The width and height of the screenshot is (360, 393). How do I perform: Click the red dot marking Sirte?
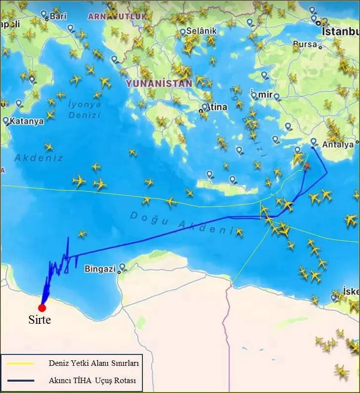[42, 308]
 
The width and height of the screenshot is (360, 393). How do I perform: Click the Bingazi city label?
[100, 269]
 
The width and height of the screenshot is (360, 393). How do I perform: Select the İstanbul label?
[340, 31]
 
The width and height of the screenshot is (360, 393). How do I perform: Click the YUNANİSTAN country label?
[159, 84]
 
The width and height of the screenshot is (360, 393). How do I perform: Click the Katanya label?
[27, 121]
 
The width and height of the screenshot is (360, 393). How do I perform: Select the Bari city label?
[58, 16]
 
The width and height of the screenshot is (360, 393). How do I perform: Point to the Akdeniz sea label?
[39, 158]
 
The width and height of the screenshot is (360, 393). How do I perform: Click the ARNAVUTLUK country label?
[117, 16]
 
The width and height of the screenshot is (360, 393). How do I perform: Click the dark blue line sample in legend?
[20, 381]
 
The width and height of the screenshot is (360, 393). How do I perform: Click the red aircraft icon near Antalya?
[307, 166]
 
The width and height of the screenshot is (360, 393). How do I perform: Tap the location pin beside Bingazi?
[122, 267]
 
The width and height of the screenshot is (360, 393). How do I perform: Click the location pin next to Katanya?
[5, 121]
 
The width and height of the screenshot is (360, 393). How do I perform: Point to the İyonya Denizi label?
[85, 109]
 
